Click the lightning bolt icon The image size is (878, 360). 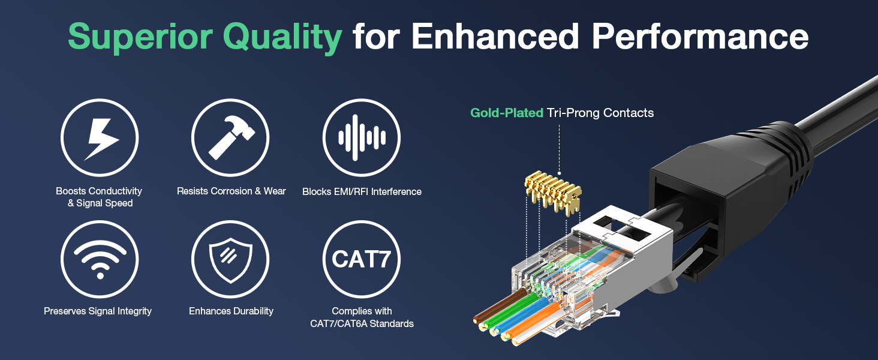coord(100,138)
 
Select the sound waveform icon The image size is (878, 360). coord(361,138)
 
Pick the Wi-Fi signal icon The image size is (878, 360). coord(100,260)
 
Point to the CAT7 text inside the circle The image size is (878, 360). coord(361,260)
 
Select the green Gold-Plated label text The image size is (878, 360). coord(507,113)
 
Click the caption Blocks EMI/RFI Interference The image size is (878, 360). coord(362,192)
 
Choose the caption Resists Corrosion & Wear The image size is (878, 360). coord(231,191)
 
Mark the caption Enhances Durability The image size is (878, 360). coord(231,311)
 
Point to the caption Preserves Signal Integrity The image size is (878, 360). coord(98,311)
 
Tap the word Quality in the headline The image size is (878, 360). coord(282,37)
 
